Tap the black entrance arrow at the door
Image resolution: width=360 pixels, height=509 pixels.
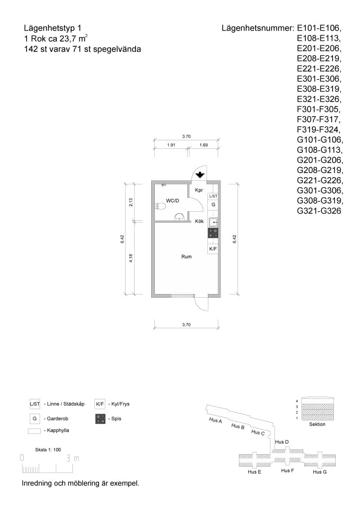[200, 174]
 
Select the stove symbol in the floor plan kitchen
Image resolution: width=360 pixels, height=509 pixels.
[213, 233]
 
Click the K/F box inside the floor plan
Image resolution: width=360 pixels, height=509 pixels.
[213, 249]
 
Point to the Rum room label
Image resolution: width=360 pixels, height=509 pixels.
[186, 257]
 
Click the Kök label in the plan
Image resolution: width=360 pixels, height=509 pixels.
[199, 221]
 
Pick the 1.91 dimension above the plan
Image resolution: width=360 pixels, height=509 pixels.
[171, 145]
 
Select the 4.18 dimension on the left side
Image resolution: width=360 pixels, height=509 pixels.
[130, 258]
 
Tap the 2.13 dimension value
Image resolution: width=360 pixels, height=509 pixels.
[130, 202]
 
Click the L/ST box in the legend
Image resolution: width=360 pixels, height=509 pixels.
[35, 404]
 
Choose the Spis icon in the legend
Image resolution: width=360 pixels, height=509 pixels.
[100, 419]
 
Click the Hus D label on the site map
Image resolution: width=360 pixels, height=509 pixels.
[282, 442]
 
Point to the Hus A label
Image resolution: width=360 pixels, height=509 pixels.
[216, 420]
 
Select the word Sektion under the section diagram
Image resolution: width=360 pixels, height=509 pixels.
[317, 424]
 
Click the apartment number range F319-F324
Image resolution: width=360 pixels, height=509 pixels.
[319, 129]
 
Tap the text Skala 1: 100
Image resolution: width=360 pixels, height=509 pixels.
[48, 450]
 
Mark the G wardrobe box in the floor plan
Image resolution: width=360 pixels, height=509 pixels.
[213, 205]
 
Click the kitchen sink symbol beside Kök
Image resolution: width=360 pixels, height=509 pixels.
[213, 223]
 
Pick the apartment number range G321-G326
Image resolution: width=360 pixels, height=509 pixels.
[319, 211]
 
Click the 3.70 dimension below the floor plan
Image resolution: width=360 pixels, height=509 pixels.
[186, 325]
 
